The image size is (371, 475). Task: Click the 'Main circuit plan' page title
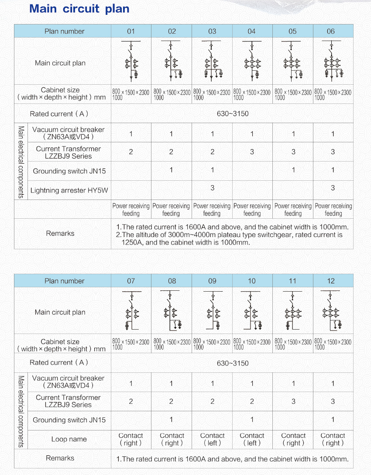tap(79, 9)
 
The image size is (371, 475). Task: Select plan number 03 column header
tap(212, 31)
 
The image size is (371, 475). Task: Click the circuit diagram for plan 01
tap(131, 61)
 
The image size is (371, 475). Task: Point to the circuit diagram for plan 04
tap(252, 61)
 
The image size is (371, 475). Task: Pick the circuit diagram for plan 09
tap(212, 311)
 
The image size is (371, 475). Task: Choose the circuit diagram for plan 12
tap(333, 311)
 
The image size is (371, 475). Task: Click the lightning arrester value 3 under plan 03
tap(213, 188)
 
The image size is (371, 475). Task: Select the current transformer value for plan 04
tap(252, 152)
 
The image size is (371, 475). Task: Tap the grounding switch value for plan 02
tap(172, 170)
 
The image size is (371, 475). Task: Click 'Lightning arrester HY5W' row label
tap(69, 190)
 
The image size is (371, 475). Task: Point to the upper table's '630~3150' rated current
tap(233, 114)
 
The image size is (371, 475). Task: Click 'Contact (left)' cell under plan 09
tap(212, 439)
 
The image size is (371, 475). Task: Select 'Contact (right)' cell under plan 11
tap(293, 439)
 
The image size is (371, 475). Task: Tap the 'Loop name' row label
tap(69, 439)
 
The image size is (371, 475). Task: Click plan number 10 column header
tap(252, 281)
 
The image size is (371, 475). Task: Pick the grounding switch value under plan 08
tap(172, 420)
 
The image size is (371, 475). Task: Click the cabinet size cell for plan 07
tap(131, 344)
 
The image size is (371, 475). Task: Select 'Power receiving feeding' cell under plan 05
tap(293, 210)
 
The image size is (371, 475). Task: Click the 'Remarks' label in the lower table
tap(60, 458)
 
